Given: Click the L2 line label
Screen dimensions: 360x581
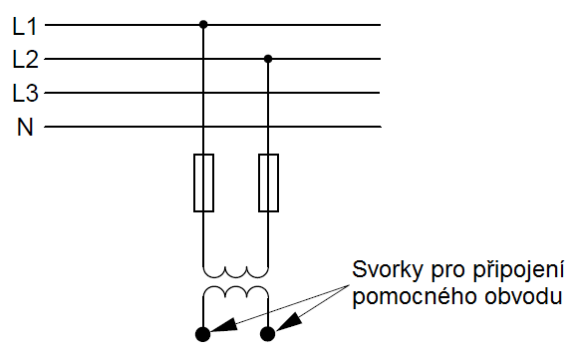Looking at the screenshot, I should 24,59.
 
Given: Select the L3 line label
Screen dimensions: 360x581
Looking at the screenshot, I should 24,93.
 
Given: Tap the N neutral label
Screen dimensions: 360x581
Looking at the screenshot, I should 24,127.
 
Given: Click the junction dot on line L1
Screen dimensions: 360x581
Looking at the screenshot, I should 203,24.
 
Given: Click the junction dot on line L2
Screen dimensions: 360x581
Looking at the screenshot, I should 268,58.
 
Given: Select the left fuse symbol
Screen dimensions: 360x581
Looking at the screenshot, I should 203,182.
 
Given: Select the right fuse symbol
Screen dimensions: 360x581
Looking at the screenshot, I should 268,182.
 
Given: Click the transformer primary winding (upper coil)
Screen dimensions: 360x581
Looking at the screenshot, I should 236,271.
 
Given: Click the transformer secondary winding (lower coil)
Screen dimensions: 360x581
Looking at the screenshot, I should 236,292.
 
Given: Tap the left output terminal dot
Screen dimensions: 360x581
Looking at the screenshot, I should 203,334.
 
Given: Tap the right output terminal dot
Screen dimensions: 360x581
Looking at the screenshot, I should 268,334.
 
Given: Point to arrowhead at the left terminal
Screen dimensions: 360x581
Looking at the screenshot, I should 225,326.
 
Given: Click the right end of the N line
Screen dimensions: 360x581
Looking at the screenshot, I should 380,127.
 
